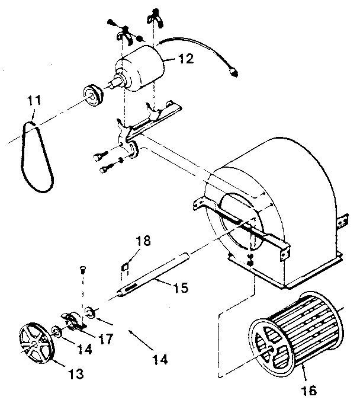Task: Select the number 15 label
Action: (181, 288)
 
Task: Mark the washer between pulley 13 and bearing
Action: (55, 330)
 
